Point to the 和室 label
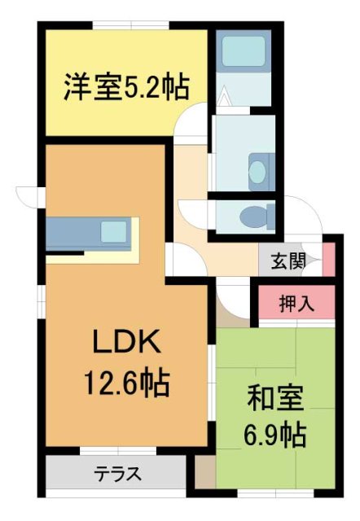click(x=276, y=400)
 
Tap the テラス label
click(x=116, y=473)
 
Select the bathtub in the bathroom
click(x=243, y=51)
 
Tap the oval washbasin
click(x=258, y=173)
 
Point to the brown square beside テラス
click(x=204, y=471)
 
